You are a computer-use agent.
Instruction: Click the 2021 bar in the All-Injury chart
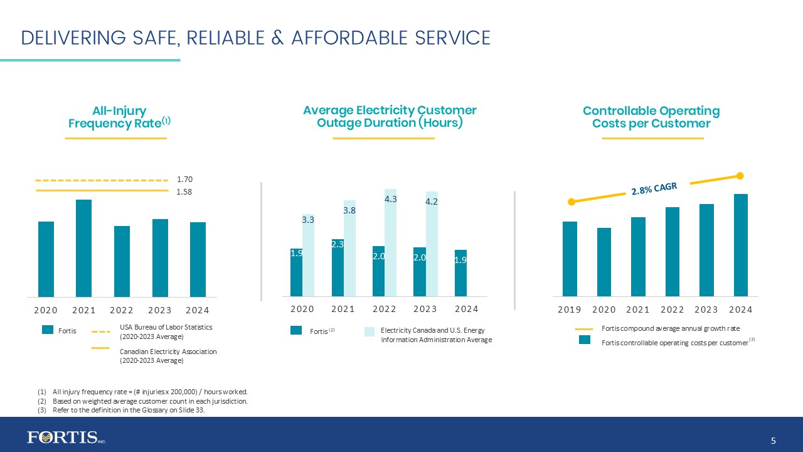(83, 248)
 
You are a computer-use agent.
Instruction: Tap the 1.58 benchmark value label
(184, 192)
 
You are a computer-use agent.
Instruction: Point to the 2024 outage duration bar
(460, 272)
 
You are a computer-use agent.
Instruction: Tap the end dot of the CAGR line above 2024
(740, 176)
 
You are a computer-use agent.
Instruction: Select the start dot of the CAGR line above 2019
(571, 202)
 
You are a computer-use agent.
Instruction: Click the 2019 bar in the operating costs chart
(570, 258)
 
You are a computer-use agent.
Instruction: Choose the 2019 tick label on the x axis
(570, 309)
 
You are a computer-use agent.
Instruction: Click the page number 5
(774, 441)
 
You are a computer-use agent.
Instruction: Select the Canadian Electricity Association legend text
(168, 356)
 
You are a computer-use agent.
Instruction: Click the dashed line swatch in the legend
(100, 331)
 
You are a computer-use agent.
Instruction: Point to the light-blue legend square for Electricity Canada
(370, 331)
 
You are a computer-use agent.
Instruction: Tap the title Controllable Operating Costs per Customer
(651, 117)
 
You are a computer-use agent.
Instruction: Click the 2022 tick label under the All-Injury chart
(122, 310)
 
